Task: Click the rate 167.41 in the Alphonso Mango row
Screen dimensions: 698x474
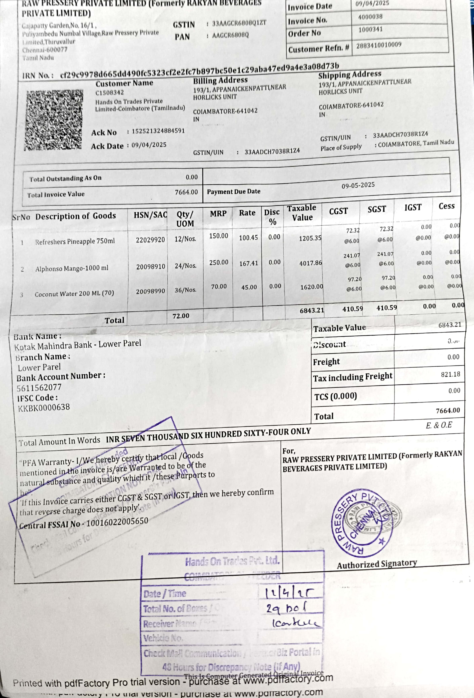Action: [x=249, y=263]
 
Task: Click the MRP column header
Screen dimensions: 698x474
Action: [x=218, y=214]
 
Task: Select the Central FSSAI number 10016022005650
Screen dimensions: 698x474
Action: [x=117, y=523]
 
